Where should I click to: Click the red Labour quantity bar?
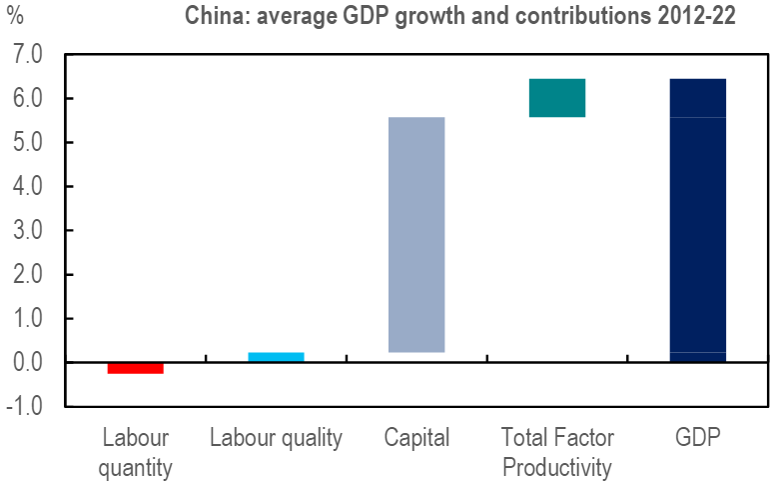point(135,368)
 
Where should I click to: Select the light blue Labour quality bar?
point(276,356)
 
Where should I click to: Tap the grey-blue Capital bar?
point(416,235)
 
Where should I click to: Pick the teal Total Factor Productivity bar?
point(557,98)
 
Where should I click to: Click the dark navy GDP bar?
point(697,220)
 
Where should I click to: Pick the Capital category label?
point(416,438)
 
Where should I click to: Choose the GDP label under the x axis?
point(697,438)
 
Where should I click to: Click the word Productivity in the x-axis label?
point(557,467)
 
